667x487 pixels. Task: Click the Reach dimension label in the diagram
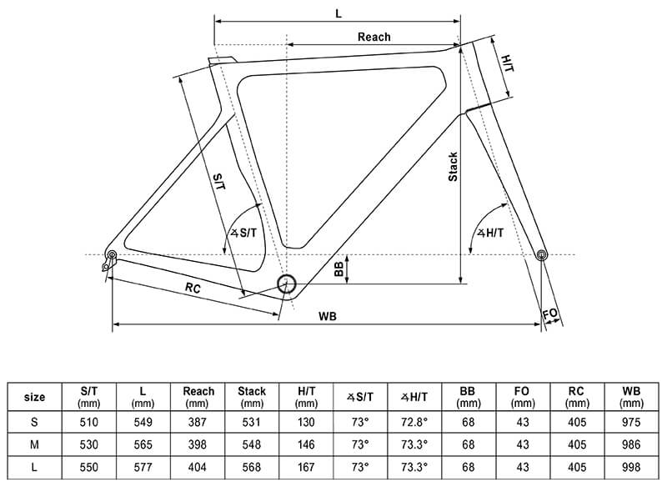click(374, 37)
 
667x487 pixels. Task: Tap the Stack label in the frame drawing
click(453, 167)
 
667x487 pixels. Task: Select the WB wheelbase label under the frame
click(327, 316)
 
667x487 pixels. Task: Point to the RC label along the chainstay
click(193, 289)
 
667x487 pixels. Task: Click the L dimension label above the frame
click(339, 14)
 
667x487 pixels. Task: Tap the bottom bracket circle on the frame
click(287, 284)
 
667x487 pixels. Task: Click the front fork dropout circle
click(541, 254)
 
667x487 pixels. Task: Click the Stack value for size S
click(252, 421)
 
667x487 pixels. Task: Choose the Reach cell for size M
click(198, 444)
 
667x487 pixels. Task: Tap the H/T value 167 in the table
click(306, 468)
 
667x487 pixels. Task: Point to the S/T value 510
click(89, 421)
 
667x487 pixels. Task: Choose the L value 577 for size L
click(143, 468)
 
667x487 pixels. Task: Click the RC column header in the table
click(577, 397)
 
